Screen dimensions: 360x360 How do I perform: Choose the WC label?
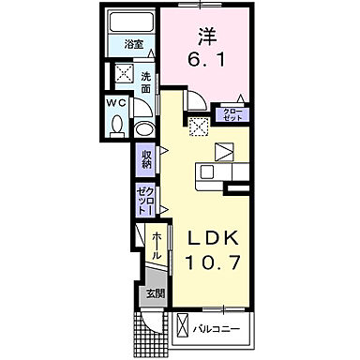115,102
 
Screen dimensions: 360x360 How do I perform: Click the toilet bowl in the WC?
116,124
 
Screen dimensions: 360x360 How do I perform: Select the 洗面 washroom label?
147,82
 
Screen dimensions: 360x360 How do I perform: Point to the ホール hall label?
155,242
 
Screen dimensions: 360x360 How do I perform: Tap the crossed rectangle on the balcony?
183,328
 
